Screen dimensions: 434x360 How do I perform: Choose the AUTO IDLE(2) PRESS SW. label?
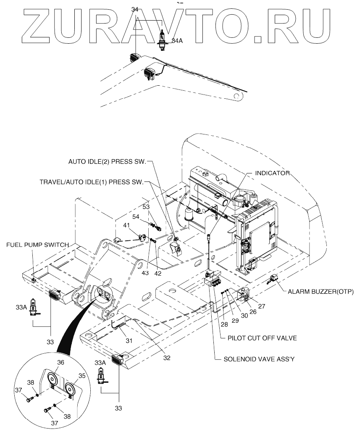107,161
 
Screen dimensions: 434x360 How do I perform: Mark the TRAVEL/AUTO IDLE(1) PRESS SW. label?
91,182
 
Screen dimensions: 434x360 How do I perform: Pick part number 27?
262,306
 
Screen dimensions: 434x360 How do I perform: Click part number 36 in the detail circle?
60,363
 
